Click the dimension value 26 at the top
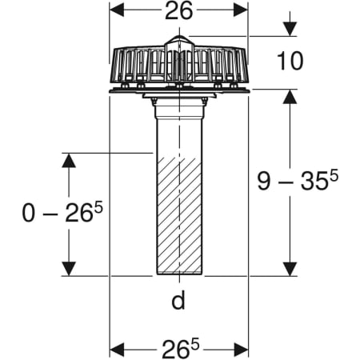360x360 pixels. pyautogui.click(x=178, y=11)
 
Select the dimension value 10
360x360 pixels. pyautogui.click(x=290, y=61)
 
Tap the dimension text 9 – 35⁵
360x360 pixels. pyautogui.click(x=298, y=181)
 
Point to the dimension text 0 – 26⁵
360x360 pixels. pyautogui.click(x=62, y=212)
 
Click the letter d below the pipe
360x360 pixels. pyautogui.click(x=178, y=300)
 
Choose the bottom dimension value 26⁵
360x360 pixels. pyautogui.click(x=181, y=349)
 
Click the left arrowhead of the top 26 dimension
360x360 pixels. pyautogui.click(x=117, y=10)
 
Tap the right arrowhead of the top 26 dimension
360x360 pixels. pyautogui.click(x=241, y=10)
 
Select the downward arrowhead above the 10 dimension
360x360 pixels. pyautogui.click(x=290, y=29)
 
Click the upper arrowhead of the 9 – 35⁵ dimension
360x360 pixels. pyautogui.click(x=290, y=97)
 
